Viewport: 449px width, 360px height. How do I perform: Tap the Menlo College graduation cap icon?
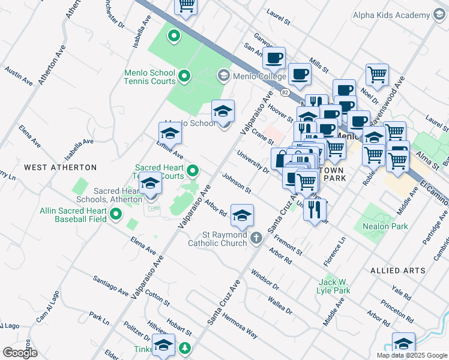coord(223,76)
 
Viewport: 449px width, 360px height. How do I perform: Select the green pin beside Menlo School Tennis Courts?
coord(185,76)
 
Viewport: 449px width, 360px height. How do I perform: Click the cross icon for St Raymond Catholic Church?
coord(256,238)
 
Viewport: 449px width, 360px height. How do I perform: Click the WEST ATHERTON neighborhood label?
coord(60,167)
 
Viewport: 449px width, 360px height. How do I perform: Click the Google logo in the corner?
coord(20,352)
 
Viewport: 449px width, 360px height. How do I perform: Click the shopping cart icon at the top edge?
coord(186,6)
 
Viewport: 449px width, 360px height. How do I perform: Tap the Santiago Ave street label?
coord(110,286)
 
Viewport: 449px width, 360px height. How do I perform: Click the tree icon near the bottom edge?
coord(185,348)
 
